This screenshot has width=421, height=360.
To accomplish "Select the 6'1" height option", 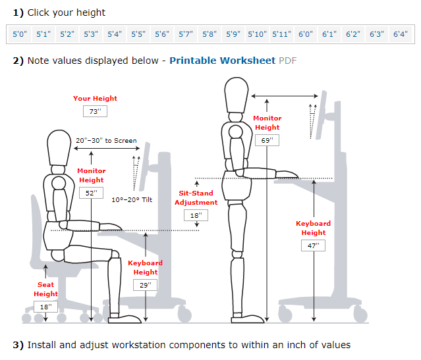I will tap(329, 34).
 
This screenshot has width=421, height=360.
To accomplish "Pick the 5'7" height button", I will tap(186, 34).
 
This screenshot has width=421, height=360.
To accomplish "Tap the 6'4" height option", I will tap(400, 34).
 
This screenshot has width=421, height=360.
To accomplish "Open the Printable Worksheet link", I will tap(222, 61).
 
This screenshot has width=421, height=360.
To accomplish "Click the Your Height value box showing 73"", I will tap(95, 111).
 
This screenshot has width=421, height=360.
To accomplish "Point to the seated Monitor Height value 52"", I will tap(91, 193).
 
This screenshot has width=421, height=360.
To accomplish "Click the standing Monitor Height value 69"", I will tap(267, 140).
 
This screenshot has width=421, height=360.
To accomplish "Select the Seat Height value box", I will tap(45, 307).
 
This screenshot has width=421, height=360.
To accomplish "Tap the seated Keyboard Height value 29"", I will tap(145, 285).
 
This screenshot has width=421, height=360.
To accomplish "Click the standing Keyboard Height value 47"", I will tap(313, 245).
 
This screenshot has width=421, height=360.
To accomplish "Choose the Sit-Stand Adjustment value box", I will tap(196, 215).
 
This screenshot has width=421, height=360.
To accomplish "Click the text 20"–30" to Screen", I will tap(106, 140).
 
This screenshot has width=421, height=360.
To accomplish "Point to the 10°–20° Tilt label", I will tap(132, 199).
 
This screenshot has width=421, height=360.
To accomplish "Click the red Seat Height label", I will tap(45, 290).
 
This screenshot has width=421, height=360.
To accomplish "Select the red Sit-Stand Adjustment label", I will tap(196, 198).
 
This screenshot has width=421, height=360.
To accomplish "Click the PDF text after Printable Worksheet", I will tap(288, 61).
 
